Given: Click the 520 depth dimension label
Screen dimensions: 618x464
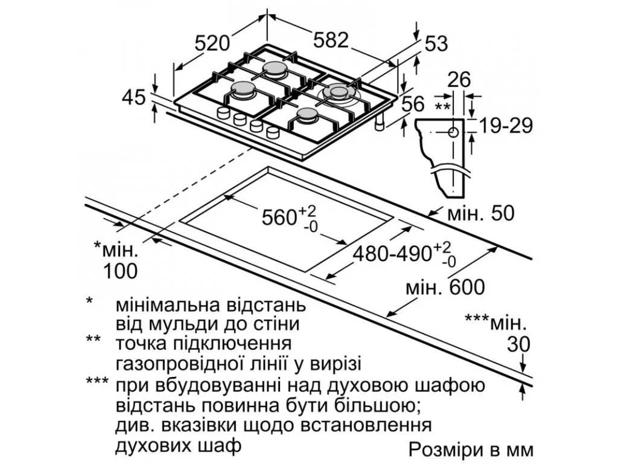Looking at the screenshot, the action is click(x=212, y=43).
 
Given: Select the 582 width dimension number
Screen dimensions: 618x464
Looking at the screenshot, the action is click(x=331, y=40).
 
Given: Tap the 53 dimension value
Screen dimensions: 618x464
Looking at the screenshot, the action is click(x=436, y=43).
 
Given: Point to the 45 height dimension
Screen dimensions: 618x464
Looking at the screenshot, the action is click(x=134, y=97).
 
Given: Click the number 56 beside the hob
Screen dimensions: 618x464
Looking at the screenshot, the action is click(x=413, y=104).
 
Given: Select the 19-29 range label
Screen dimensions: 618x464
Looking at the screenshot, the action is click(x=506, y=126).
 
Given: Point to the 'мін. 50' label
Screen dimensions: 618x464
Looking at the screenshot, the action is click(x=481, y=213).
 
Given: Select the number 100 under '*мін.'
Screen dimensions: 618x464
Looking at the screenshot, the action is click(x=120, y=271).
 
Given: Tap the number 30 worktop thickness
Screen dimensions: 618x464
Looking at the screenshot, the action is click(x=518, y=344).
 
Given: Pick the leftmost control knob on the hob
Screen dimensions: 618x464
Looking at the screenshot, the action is click(x=223, y=112).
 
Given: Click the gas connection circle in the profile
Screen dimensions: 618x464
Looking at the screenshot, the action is click(x=453, y=132).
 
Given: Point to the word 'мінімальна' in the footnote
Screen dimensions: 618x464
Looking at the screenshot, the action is click(x=162, y=306).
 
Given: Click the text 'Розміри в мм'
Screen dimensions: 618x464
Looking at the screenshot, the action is click(x=471, y=449).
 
